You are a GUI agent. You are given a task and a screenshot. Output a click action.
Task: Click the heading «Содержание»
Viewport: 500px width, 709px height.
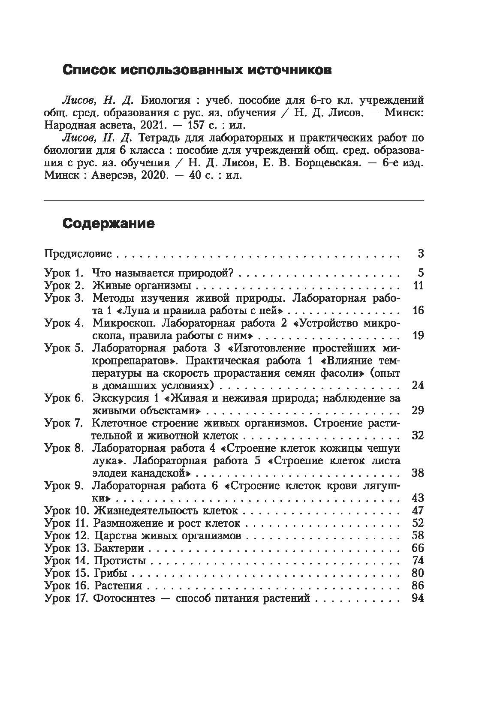(108, 223)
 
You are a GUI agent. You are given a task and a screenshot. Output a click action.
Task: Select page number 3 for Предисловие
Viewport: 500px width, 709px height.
(420, 254)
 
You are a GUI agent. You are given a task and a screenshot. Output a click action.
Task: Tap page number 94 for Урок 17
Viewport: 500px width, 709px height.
(417, 598)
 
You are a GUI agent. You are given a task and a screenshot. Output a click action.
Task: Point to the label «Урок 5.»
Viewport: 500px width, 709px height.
(63, 348)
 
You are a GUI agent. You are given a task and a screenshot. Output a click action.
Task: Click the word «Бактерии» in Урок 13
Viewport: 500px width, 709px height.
(119, 548)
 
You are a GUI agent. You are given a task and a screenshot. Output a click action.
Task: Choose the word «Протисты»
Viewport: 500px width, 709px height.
(120, 561)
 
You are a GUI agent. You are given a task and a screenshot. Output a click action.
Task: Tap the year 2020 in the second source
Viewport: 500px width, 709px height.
(152, 176)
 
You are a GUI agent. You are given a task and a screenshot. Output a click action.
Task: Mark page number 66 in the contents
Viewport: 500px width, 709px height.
(417, 548)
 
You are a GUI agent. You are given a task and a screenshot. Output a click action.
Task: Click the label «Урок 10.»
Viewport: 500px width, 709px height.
(66, 511)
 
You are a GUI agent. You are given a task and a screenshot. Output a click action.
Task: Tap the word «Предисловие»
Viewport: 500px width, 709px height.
(78, 254)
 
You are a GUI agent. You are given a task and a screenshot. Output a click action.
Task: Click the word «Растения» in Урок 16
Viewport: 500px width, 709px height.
(118, 586)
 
